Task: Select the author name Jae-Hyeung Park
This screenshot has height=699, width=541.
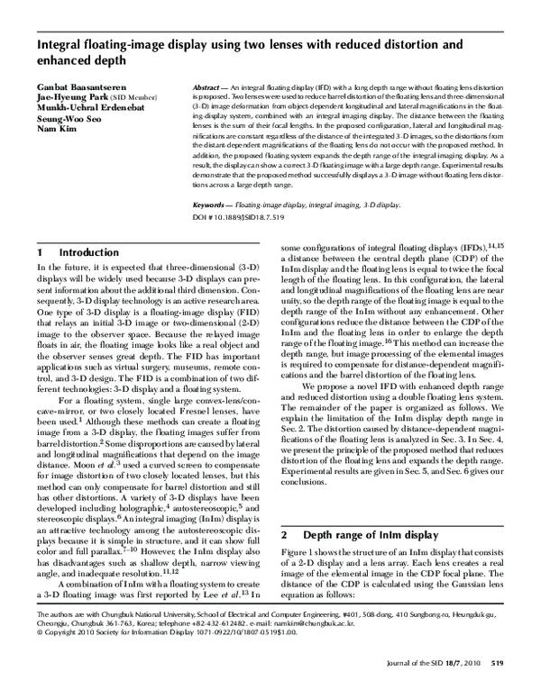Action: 69,95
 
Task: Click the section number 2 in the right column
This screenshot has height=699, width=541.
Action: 285,535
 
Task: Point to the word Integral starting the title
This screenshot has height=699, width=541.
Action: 59,42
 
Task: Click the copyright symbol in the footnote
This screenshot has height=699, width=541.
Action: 38,658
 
